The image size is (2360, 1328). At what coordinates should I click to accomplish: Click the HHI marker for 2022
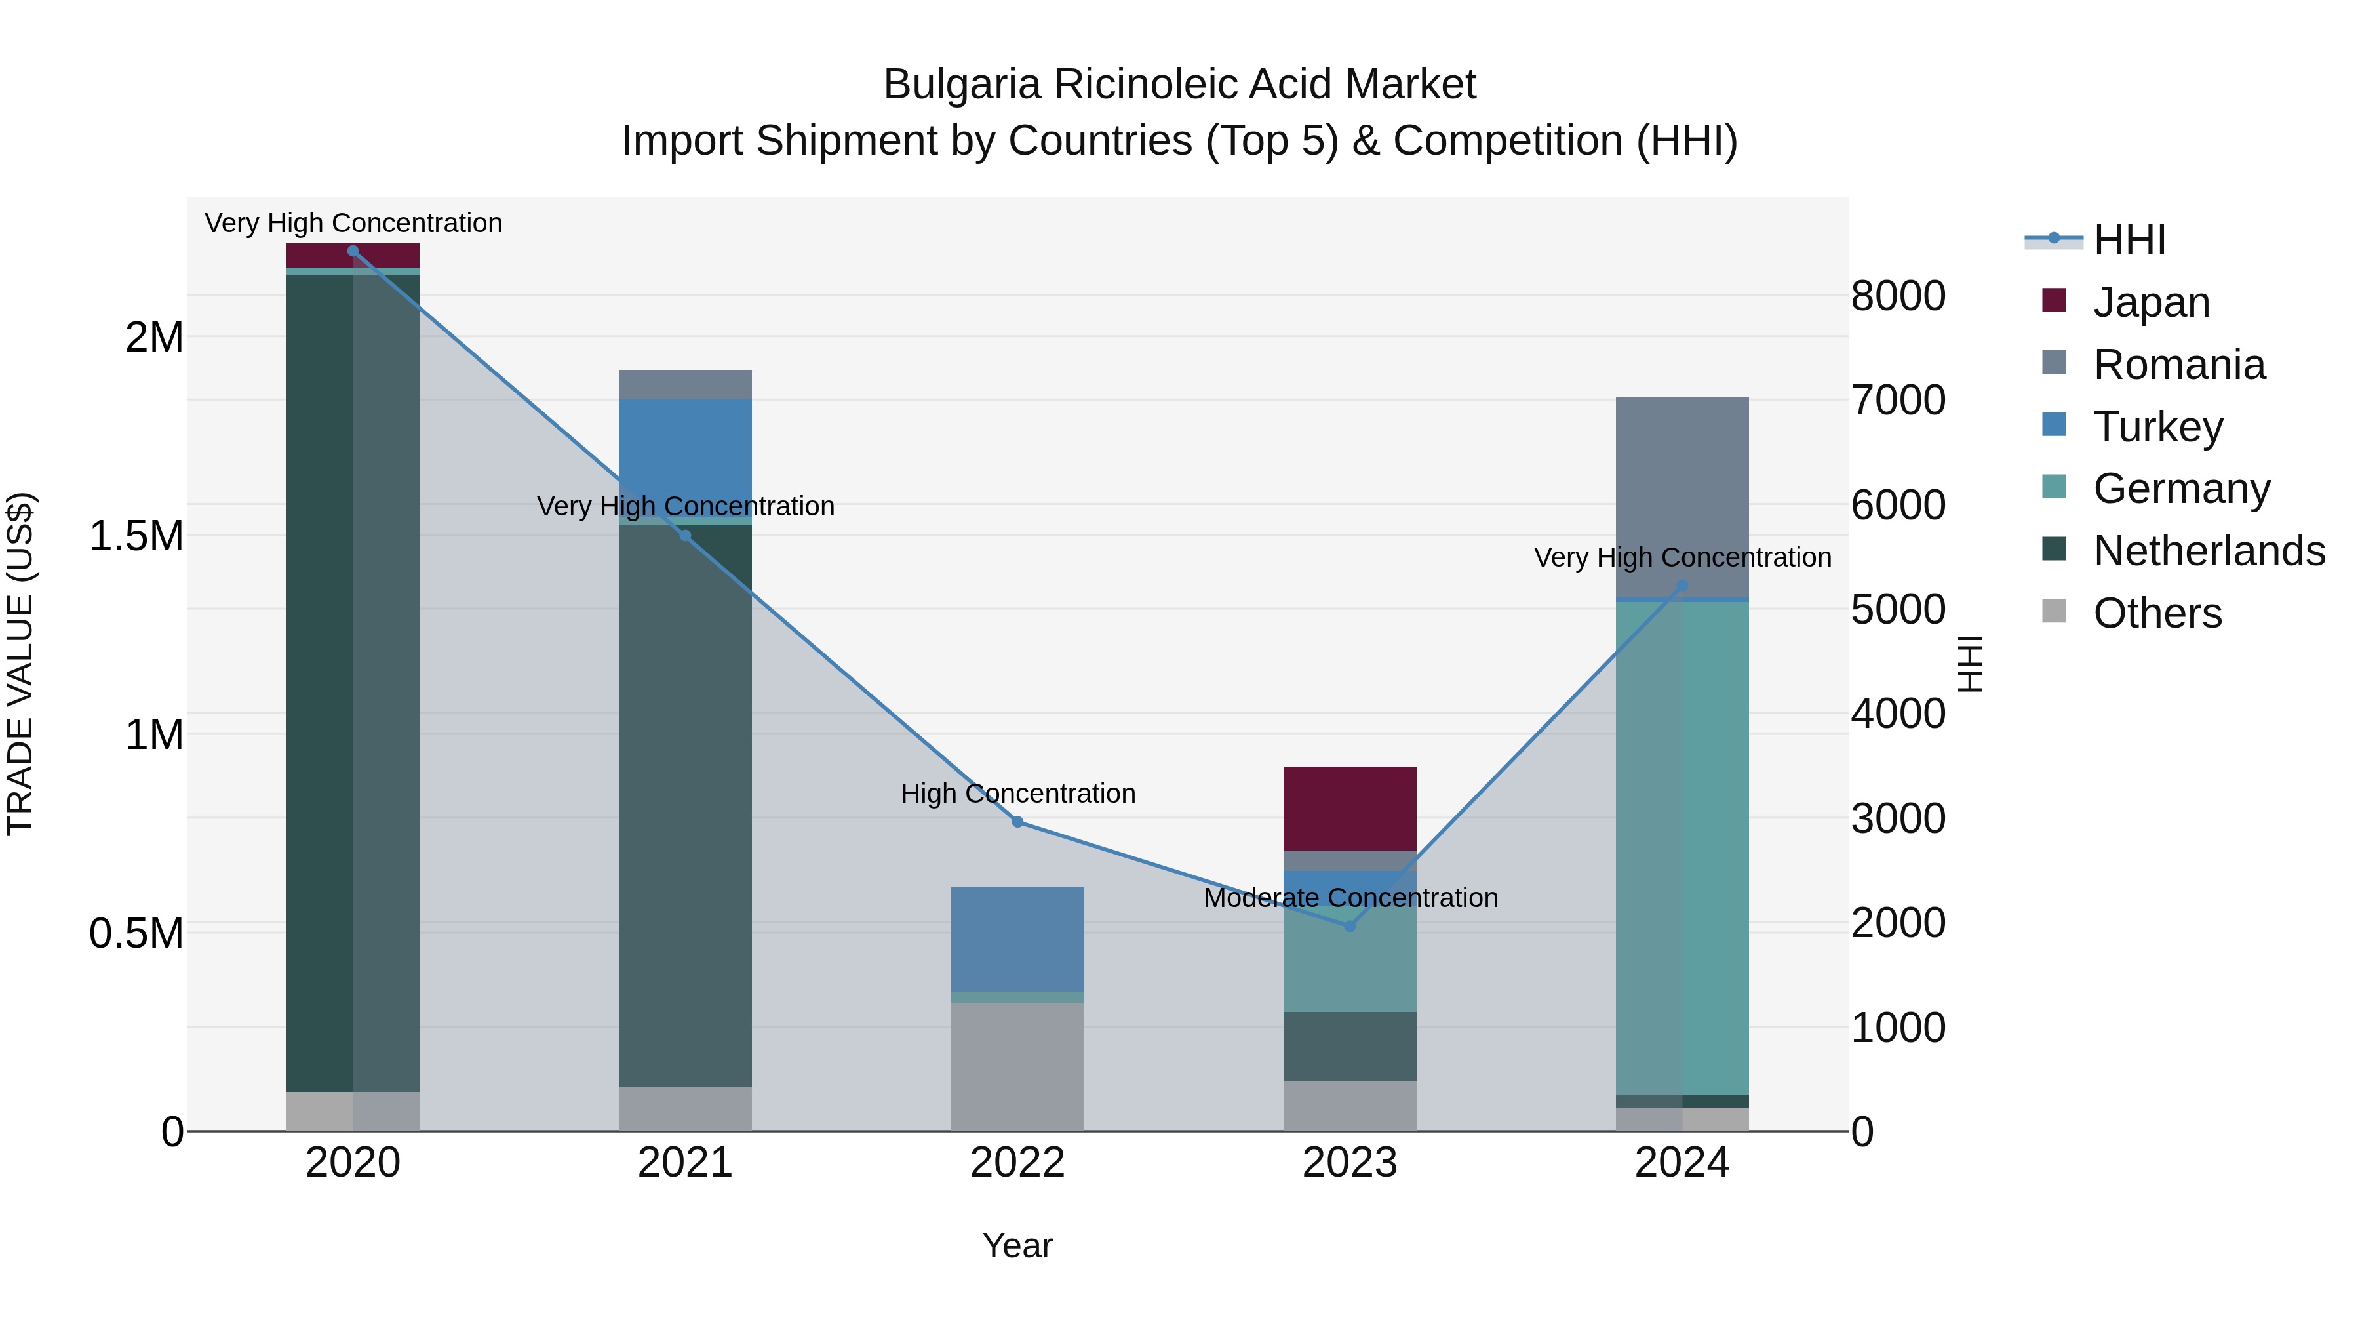pos(1017,822)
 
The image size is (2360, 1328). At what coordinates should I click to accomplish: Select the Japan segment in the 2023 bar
pos(1350,809)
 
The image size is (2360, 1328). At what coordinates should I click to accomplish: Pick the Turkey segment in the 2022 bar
pos(1017,938)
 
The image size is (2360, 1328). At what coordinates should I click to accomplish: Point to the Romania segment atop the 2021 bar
pos(685,384)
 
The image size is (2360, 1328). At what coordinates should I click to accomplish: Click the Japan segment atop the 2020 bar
pos(353,255)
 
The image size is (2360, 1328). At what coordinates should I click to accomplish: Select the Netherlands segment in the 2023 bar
pos(1350,1046)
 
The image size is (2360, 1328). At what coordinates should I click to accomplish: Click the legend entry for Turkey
pos(2157,427)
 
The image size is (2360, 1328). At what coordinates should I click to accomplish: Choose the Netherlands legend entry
pos(2208,551)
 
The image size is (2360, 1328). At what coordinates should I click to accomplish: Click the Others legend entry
pos(2157,613)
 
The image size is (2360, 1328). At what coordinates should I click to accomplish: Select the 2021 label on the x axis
pos(685,1163)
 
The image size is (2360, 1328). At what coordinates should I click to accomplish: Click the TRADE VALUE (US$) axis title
pos(20,664)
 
